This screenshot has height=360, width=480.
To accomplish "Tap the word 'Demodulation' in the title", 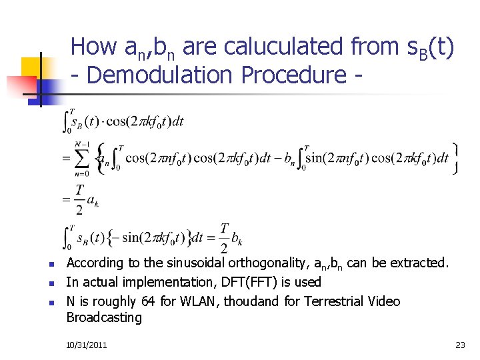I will [x=160, y=75].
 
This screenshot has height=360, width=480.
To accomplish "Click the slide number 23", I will [x=459, y=345].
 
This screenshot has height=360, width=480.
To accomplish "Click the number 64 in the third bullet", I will [x=149, y=301].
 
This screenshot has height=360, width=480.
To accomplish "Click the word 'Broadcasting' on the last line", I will [x=104, y=317].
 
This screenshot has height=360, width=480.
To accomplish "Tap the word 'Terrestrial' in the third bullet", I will [x=333, y=301].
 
